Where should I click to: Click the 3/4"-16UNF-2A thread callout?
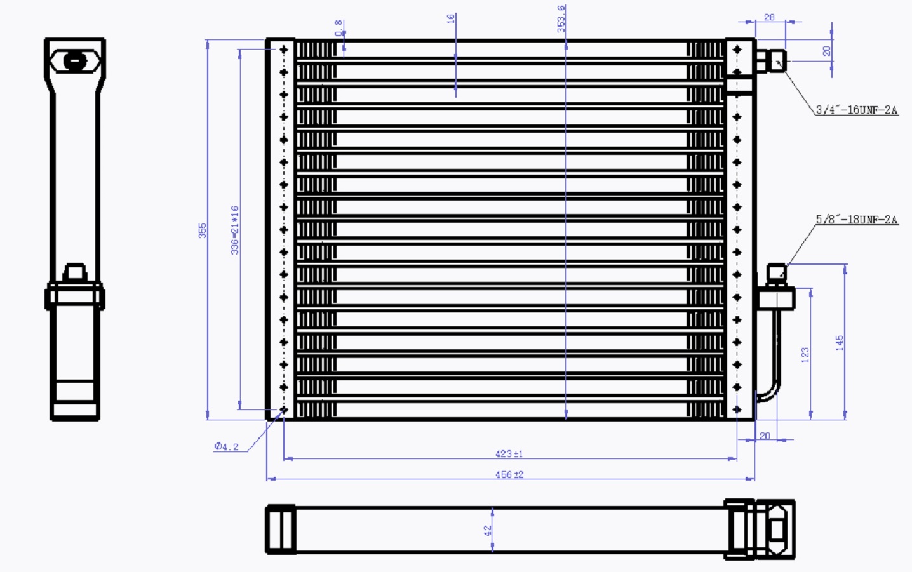[x=856, y=110]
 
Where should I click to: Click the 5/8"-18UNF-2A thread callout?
[x=856, y=220]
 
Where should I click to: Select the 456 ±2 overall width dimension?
[x=509, y=474]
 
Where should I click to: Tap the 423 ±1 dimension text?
[x=509, y=454]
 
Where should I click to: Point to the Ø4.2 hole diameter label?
[x=227, y=447]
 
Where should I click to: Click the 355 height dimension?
[x=203, y=230]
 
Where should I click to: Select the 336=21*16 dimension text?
[x=235, y=230]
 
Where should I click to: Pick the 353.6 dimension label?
[x=561, y=18]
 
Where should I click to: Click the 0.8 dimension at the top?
[x=339, y=27]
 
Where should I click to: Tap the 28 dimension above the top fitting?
[x=769, y=17]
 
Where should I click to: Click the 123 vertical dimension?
[x=805, y=355]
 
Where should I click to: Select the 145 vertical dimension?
[x=840, y=343]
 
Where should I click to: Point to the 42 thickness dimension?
[x=488, y=530]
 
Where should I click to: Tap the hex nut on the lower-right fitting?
[x=775, y=298]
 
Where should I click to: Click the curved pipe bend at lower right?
[x=770, y=392]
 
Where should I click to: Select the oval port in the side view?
[x=75, y=62]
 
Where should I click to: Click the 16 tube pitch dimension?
[x=451, y=19]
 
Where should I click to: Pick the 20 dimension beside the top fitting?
[x=826, y=51]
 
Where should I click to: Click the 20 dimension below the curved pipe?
[x=765, y=436]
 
